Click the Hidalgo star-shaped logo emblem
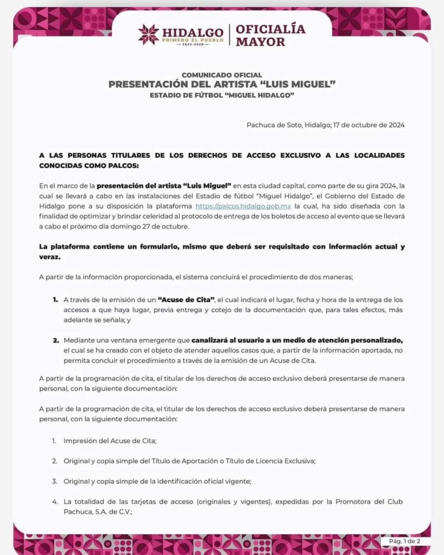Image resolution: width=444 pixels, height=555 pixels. tap(149, 35)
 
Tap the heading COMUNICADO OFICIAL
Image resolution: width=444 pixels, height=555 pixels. tap(222, 75)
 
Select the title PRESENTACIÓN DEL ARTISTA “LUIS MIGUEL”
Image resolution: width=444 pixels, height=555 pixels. tap(222, 85)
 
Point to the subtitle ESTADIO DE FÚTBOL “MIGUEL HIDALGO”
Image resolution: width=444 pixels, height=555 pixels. tap(222, 96)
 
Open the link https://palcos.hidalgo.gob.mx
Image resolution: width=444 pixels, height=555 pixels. tap(243, 206)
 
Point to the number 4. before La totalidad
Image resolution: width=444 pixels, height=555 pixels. tap(55, 501)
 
